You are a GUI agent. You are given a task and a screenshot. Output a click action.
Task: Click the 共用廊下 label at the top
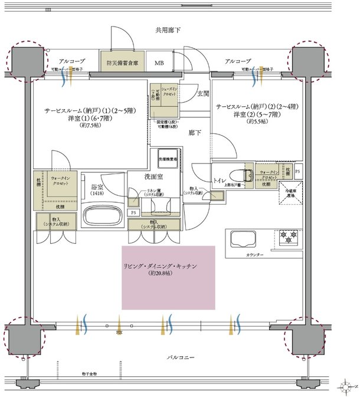[168, 29]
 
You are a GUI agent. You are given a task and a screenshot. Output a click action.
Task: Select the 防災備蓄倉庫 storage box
[122, 62]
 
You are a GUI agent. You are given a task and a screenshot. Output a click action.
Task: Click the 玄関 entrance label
[203, 93]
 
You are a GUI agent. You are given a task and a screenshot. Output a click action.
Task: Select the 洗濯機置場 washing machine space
[169, 159]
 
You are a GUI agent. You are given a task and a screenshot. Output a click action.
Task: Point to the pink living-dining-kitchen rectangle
[168, 277]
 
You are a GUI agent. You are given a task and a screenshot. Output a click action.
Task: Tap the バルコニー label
[180, 358]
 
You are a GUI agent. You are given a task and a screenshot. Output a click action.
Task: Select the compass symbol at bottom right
[346, 388]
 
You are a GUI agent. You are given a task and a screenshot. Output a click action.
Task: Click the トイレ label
[220, 176]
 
